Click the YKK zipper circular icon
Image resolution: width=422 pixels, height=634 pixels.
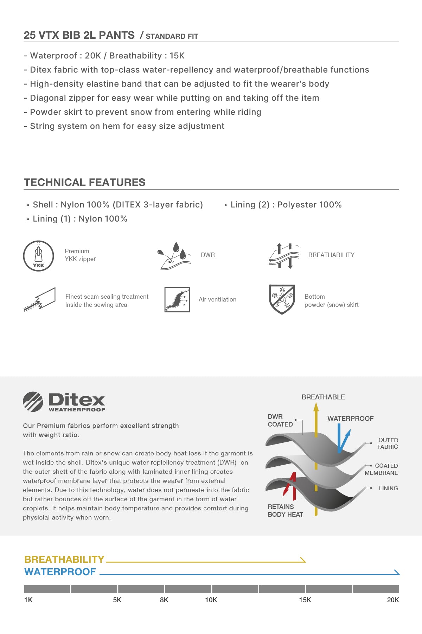point(38,256)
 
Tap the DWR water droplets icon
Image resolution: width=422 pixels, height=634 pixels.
point(174,256)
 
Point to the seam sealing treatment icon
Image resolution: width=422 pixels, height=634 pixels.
point(40,299)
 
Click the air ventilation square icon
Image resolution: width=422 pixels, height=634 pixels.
point(177,299)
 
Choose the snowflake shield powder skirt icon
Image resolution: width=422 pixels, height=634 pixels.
point(282,299)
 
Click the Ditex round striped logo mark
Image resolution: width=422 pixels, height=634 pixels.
point(33,402)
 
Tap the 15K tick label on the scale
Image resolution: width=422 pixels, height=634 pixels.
point(305,600)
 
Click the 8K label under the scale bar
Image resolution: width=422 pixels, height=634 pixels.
point(164,600)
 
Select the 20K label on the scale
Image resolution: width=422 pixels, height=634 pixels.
point(393,600)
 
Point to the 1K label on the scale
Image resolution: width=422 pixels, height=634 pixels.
point(28,600)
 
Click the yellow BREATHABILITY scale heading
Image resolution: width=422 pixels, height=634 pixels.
point(64,559)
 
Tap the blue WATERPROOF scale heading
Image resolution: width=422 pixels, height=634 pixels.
point(60,572)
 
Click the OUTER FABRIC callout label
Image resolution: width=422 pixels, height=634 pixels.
point(388,443)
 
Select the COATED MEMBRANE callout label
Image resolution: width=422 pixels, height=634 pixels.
point(381,469)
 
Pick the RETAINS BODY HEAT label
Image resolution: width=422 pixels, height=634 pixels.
point(285,510)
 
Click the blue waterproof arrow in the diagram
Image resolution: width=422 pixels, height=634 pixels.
point(341,439)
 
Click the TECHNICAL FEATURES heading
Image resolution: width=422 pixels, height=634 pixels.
point(84,182)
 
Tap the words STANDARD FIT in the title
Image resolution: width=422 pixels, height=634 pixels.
point(172,36)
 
